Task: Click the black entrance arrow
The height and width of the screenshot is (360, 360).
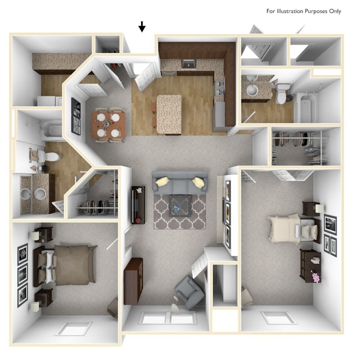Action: point(142,27)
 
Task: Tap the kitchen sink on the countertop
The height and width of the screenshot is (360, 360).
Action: point(188,64)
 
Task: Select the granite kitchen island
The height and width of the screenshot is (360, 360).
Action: point(169,114)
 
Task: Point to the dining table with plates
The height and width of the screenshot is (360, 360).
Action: point(108,125)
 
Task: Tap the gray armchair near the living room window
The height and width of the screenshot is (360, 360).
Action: point(188,292)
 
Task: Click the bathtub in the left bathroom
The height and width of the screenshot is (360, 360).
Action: point(52,129)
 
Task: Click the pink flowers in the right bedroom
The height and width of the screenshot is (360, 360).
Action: point(316,277)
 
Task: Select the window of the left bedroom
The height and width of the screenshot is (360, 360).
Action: point(73,328)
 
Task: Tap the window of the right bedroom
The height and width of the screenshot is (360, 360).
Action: point(279,318)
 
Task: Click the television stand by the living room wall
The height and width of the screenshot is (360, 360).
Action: point(138,205)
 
